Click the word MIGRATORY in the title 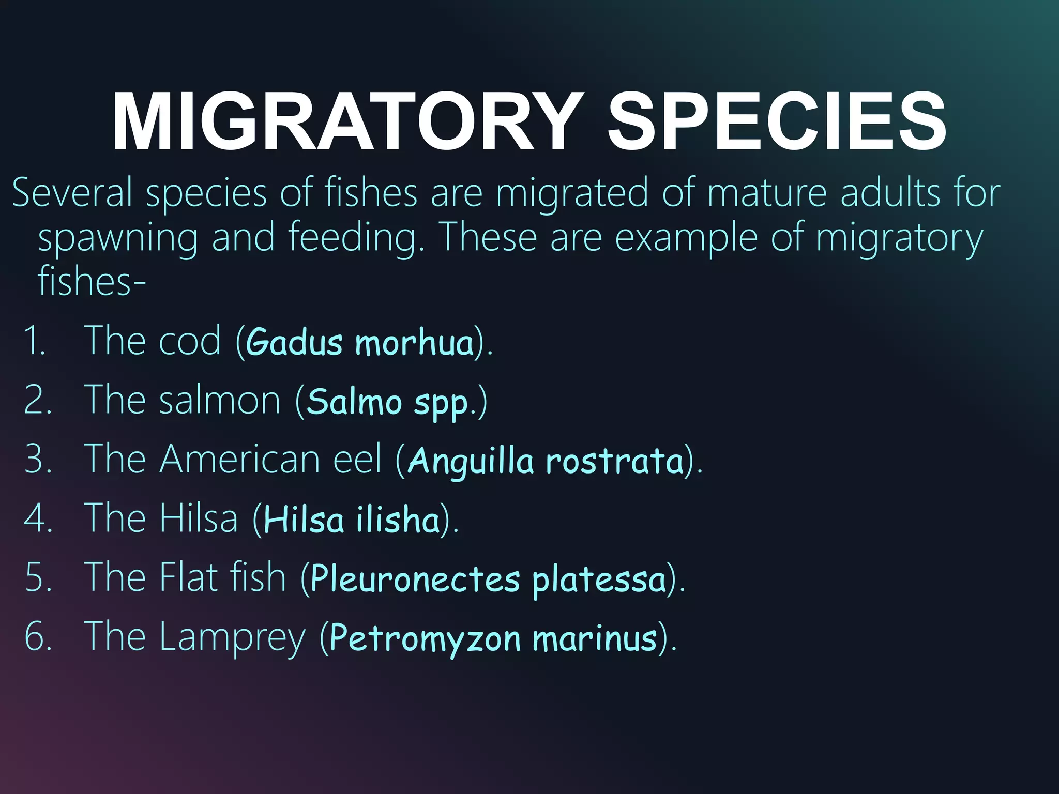pos(346,121)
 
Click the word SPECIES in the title pos(777,121)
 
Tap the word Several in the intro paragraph pos(72,192)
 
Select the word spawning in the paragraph pos(118,238)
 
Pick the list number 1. pos(35,341)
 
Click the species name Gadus pos(294,342)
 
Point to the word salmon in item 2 pos(220,400)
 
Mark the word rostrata pos(615,460)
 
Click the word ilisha pos(398,519)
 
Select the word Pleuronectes pos(415,579)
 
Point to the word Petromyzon pos(425,638)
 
